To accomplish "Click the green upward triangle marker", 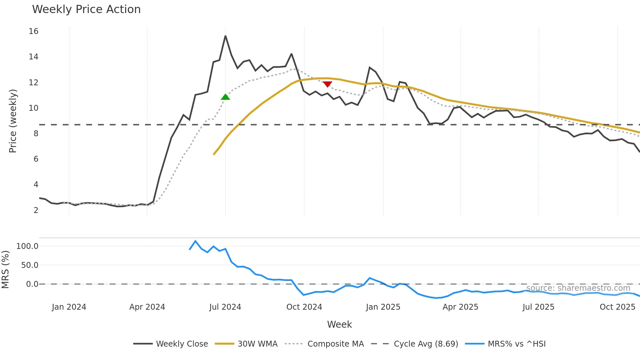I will coord(225,97).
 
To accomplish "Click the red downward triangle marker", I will coord(327,84).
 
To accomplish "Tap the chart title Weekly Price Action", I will coord(86,9).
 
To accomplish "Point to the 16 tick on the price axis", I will coord(34,31).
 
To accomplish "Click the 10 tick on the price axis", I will coord(34,108).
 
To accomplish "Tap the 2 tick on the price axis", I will coord(36,210).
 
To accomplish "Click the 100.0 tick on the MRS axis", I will coord(27,246).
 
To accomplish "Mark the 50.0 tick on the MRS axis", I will coord(30,265).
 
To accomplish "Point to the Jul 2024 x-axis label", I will coord(225,307).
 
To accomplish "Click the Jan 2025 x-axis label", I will coord(383,307).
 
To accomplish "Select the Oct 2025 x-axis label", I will coord(617,307).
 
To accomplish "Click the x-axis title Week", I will coord(340,324).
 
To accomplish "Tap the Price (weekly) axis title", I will coord(13,121).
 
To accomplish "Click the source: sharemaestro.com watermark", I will coord(578,288).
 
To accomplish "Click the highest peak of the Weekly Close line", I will coord(225,36).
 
